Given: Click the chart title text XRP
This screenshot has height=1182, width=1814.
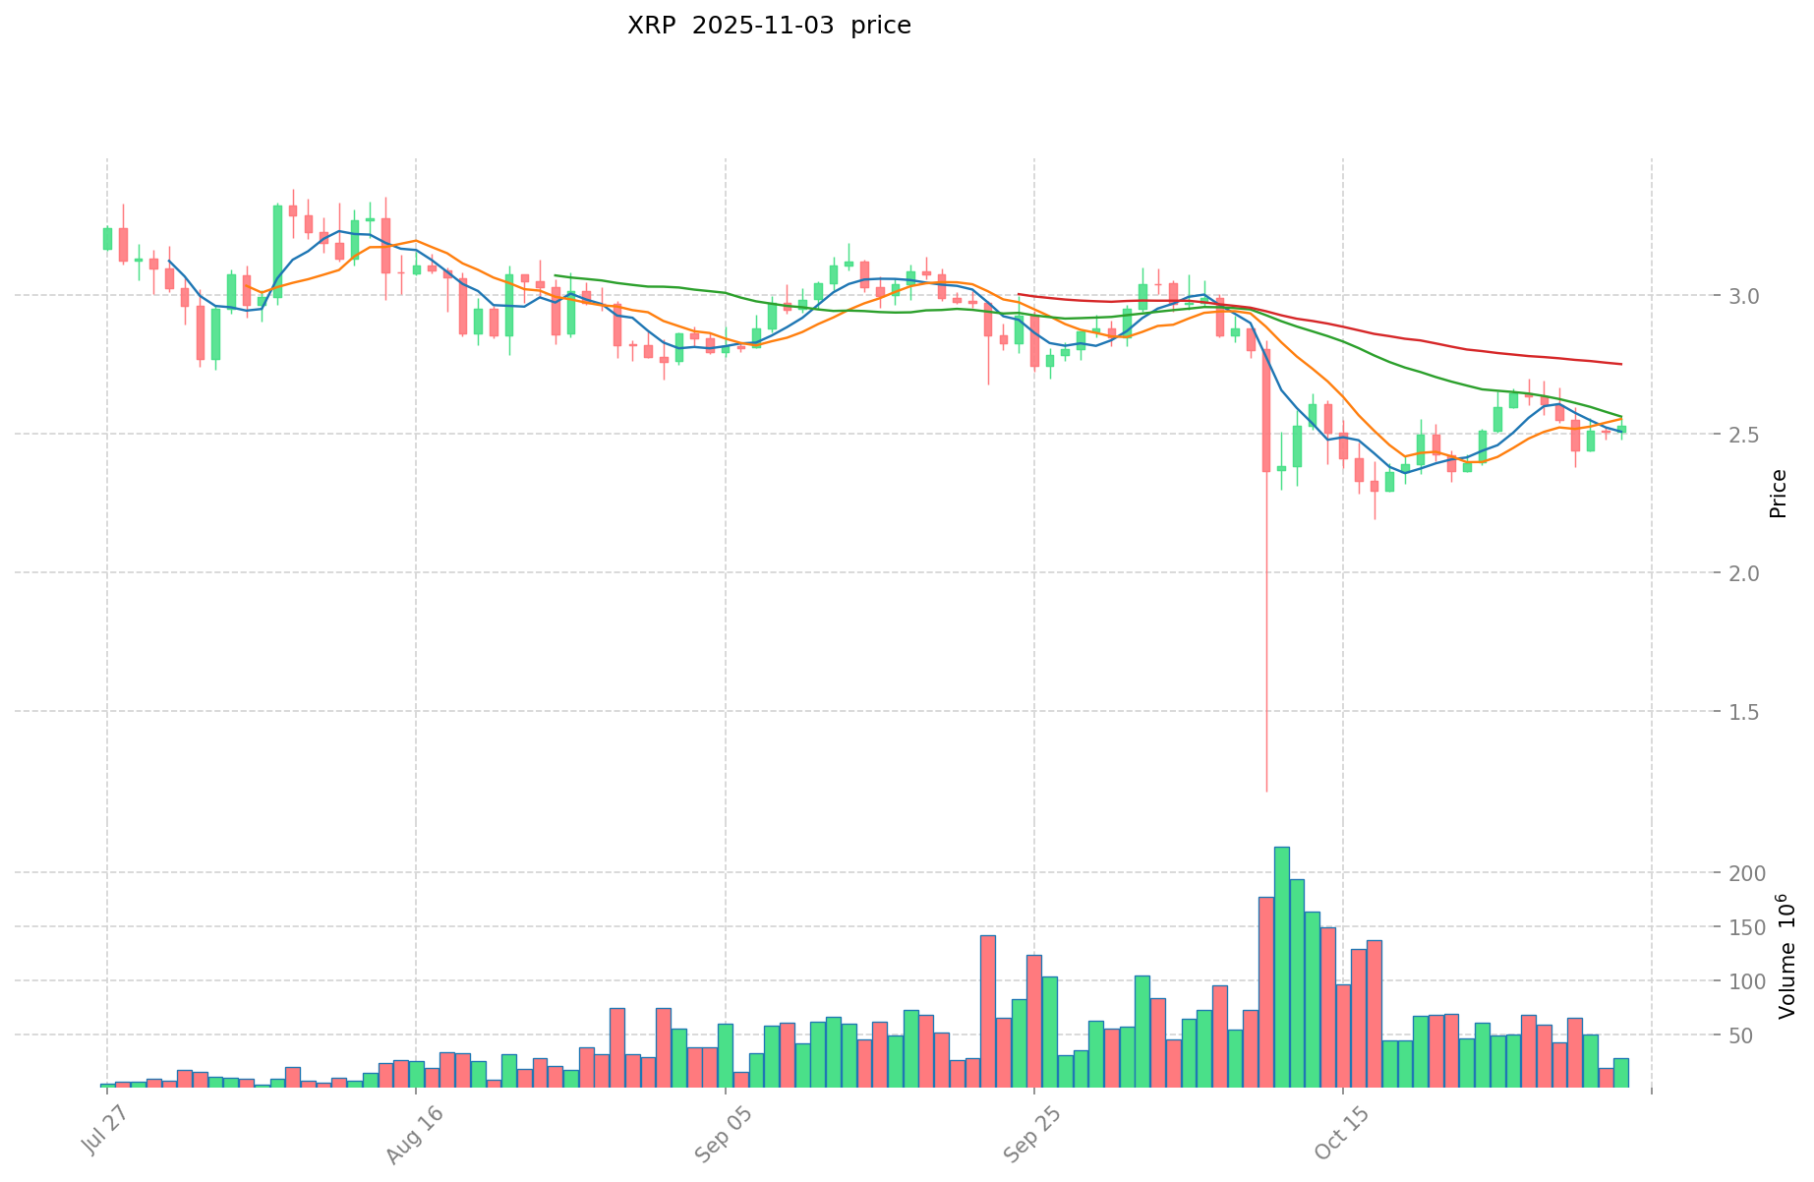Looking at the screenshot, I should (651, 27).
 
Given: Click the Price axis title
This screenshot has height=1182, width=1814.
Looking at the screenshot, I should (1778, 494).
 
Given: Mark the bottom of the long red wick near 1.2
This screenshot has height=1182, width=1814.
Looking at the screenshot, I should (1266, 790).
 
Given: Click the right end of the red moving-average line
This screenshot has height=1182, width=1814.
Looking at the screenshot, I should (1621, 365).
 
